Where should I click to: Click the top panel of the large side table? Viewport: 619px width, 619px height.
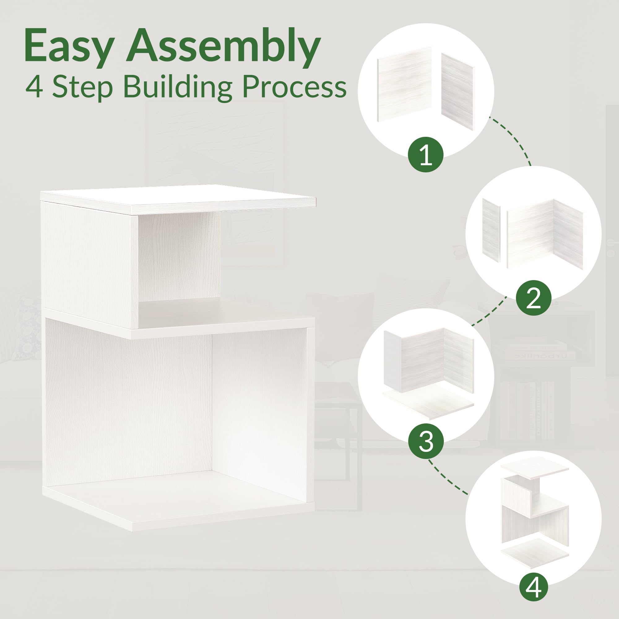pos(178,199)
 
